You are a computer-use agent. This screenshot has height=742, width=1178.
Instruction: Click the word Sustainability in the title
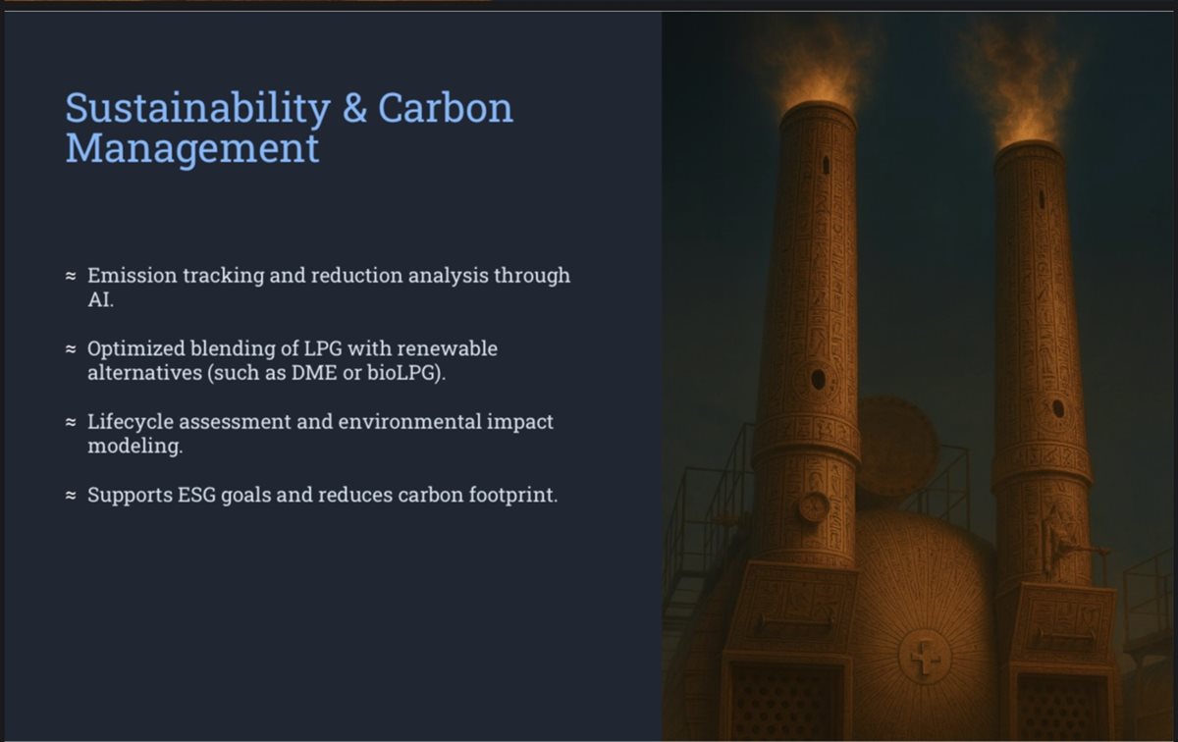(197, 108)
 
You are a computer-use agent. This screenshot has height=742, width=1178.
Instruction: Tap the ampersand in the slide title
(354, 108)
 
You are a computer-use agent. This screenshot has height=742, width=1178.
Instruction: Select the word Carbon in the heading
(445, 108)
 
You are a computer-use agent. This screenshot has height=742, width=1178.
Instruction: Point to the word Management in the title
(192, 148)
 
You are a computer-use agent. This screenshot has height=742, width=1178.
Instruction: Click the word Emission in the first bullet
(132, 276)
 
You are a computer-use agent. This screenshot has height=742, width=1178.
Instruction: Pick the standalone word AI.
(100, 299)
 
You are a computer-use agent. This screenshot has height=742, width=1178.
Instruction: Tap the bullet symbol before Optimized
(71, 348)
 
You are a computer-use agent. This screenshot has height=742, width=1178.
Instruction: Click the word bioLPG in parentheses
(402, 373)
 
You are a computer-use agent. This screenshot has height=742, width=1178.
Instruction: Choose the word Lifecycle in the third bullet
(131, 422)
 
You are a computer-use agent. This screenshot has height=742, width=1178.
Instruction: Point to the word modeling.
(135, 446)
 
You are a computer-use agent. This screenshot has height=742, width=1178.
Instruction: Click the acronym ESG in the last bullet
(196, 495)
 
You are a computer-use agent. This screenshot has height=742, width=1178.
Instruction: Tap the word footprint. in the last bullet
(512, 495)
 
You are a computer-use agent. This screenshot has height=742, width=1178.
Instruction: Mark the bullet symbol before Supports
(71, 495)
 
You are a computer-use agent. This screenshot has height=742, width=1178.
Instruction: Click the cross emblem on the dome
(925, 657)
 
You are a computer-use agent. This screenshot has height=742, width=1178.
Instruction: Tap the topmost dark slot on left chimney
(826, 165)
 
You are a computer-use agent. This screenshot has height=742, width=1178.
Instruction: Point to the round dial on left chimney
(814, 505)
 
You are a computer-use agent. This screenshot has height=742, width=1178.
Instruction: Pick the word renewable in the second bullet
(447, 348)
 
